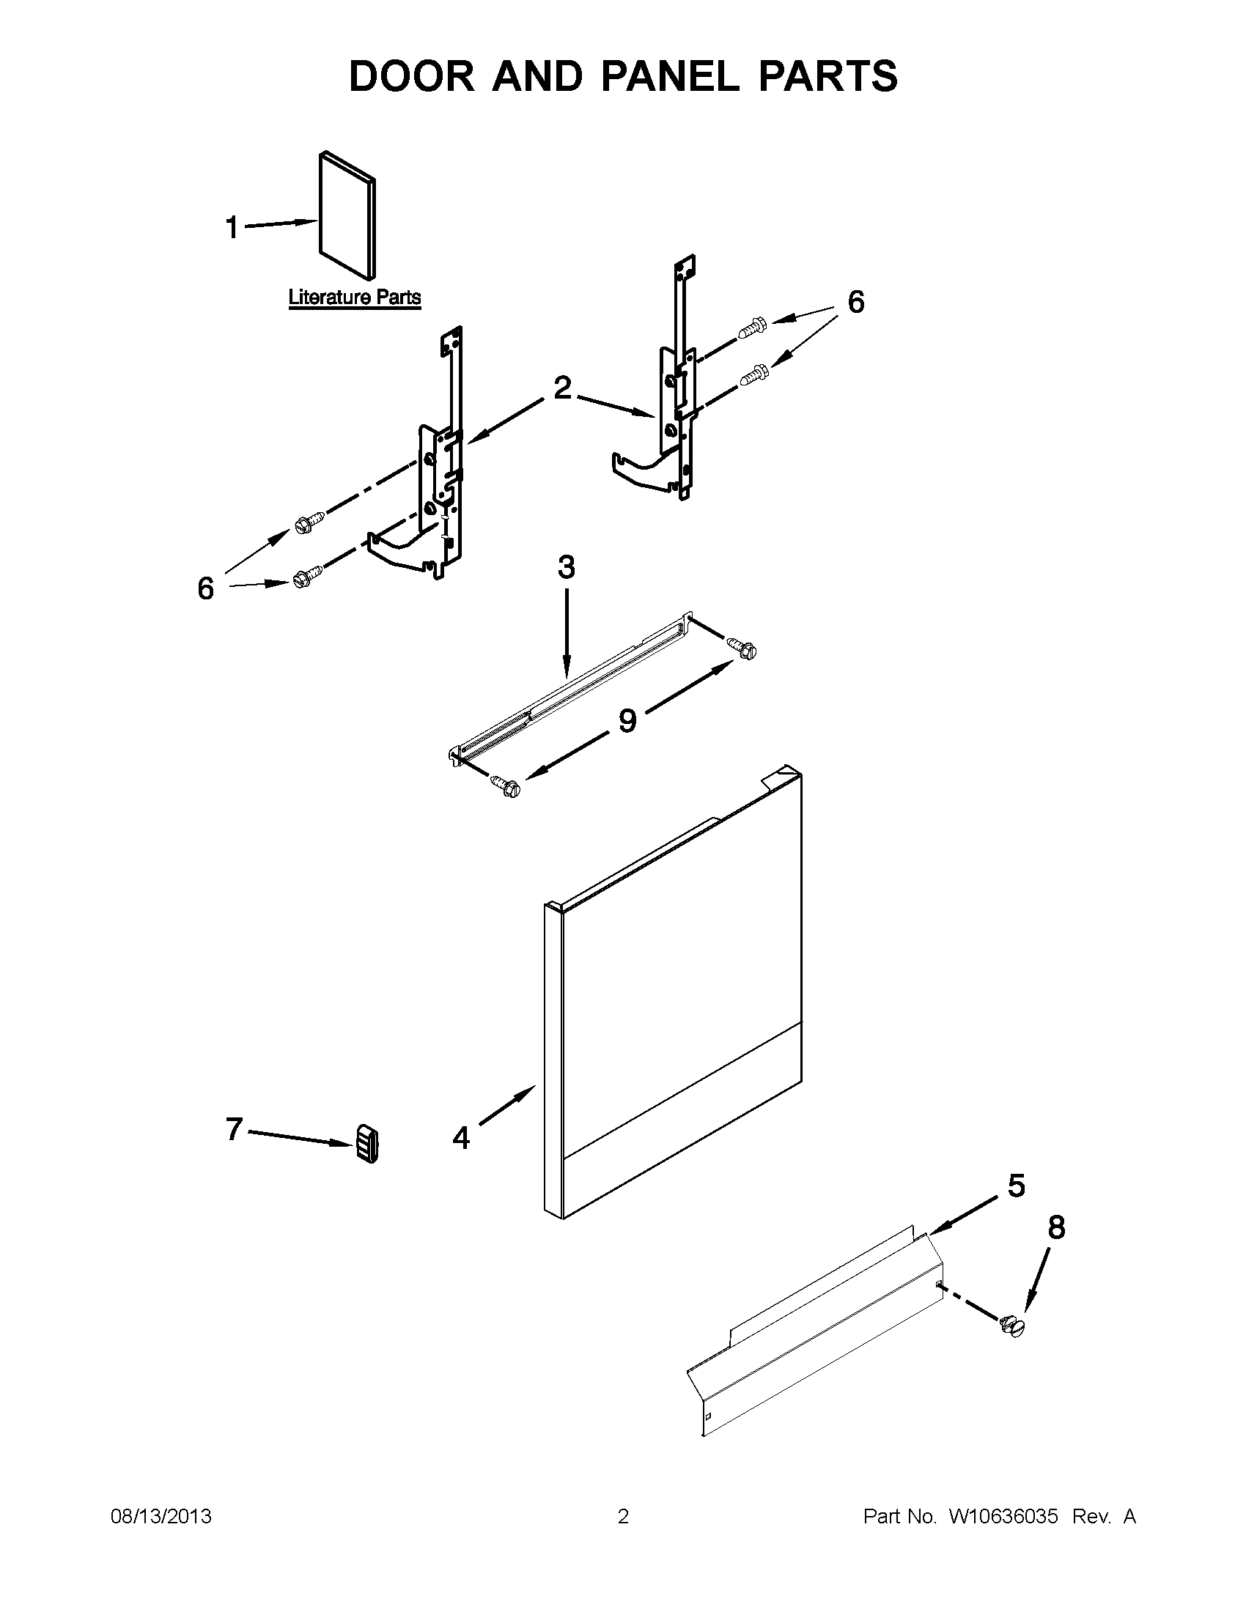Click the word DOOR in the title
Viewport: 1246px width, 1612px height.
(x=411, y=77)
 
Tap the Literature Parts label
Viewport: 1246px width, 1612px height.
(x=354, y=297)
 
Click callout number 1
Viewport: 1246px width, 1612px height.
(x=232, y=228)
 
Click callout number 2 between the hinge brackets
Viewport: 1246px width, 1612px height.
(x=562, y=388)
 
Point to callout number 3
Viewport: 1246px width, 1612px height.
(x=566, y=568)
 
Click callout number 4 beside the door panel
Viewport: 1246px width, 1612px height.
(x=461, y=1137)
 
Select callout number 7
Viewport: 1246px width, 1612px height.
(x=234, y=1128)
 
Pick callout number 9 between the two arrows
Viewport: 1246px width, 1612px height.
(x=627, y=720)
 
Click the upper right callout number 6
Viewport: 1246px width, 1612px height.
(x=855, y=302)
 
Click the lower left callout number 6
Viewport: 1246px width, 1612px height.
(x=206, y=588)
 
